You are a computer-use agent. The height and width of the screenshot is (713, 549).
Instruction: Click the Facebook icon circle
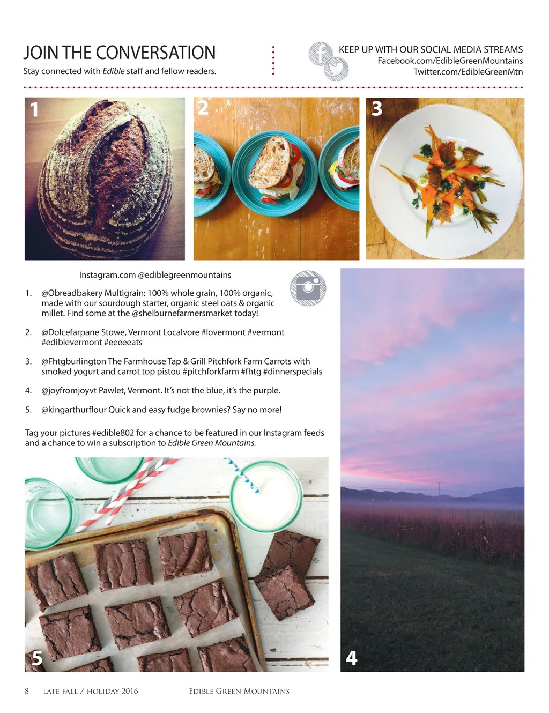coord(321,54)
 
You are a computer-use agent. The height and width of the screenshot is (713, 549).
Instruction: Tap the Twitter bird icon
coord(336,69)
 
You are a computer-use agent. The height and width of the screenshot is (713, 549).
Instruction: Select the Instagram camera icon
coord(308,288)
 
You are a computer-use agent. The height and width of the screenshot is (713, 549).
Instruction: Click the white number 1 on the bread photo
coord(34,109)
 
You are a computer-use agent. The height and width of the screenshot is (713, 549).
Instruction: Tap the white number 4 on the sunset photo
coord(351,658)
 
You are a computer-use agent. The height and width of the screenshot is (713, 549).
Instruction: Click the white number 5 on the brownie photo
coord(37,658)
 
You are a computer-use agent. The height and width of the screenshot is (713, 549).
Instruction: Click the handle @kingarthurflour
coord(74,410)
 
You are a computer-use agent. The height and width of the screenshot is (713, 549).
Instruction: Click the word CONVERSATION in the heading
coord(155,53)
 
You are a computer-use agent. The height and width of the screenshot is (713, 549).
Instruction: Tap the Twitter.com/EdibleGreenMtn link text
coord(468,72)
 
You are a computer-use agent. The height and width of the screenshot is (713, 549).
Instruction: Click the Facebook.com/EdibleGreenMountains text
coord(450,61)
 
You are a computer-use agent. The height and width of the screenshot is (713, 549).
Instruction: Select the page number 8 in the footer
coord(27,691)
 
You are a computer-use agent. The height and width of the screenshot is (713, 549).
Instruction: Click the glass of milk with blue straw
coord(266,496)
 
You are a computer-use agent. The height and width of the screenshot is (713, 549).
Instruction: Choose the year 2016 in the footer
coord(130,691)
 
